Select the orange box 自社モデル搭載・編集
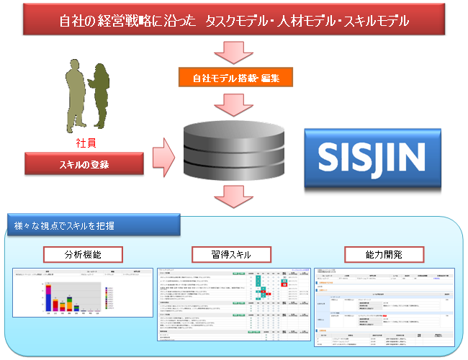click(234, 76)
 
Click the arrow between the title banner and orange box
click(234, 51)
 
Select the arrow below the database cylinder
click(234, 195)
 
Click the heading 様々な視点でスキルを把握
click(65, 227)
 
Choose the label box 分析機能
click(81, 254)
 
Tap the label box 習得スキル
click(230, 254)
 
